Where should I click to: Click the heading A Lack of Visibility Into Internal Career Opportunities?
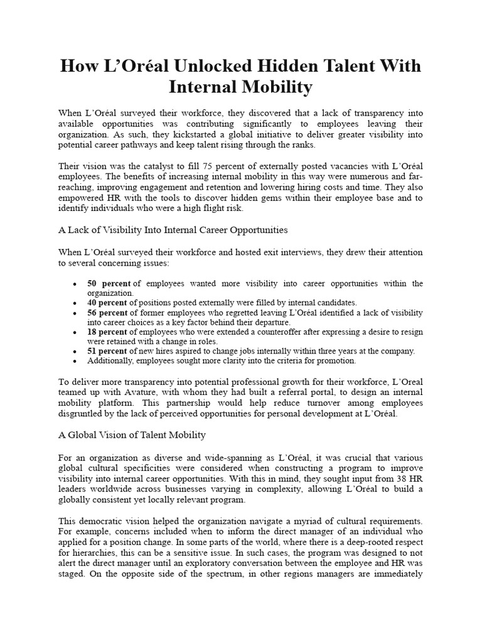tap(173, 230)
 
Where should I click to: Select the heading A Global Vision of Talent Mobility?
tap(132, 435)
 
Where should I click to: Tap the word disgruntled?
tap(81, 414)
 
